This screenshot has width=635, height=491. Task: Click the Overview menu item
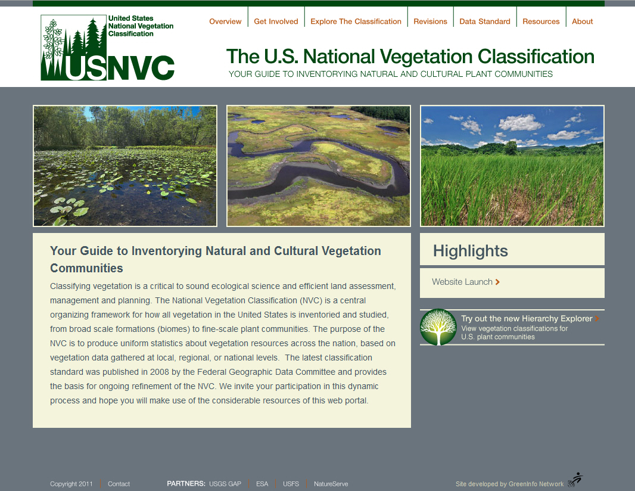point(225,21)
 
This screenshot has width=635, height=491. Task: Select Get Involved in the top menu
point(276,21)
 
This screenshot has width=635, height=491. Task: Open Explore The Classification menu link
point(356,21)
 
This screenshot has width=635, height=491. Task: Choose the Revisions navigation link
point(430,21)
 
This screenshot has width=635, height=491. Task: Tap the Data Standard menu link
point(485,21)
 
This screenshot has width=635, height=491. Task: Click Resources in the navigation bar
point(541,21)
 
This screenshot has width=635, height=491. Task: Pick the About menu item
point(582,21)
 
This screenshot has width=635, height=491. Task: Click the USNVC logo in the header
point(107,48)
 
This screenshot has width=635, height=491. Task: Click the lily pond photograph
point(125,166)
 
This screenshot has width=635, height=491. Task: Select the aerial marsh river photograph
point(319,166)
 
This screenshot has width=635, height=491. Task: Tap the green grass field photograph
point(512,166)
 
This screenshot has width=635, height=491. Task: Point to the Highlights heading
point(470,251)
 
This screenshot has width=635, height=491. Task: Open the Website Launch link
point(466,282)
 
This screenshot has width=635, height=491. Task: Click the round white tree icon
point(438,327)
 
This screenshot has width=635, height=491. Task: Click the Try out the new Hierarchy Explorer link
point(530,318)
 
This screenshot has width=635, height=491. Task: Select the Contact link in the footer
point(119,484)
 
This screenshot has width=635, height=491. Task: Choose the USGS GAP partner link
point(225,484)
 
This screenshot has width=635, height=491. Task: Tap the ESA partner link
point(262,484)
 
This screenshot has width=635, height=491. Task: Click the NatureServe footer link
point(331,484)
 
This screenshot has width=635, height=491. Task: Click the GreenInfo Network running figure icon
point(575,479)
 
